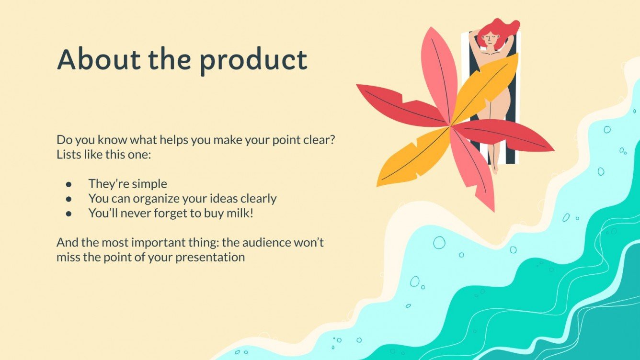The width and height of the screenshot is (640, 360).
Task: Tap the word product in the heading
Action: [x=253, y=62]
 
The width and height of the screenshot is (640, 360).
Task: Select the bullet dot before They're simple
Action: [x=69, y=184]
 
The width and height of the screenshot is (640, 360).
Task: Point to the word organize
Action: [x=156, y=199]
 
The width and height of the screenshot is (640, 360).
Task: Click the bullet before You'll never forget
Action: [x=69, y=214]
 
